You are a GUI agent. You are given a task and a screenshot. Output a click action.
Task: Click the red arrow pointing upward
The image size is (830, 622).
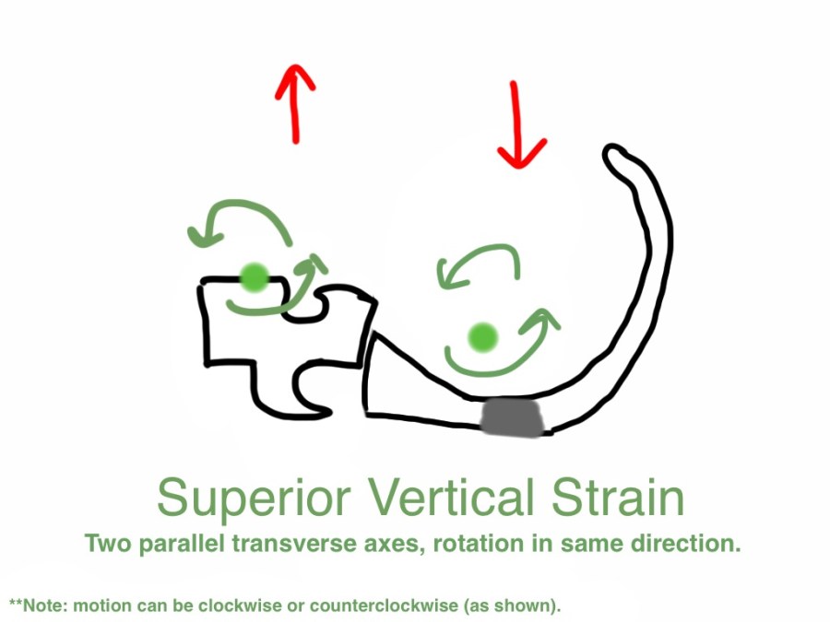(x=295, y=103)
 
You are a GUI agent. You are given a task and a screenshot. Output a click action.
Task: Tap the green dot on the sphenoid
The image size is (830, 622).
(x=255, y=276)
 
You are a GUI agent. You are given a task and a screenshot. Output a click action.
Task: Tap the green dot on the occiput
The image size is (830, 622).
(x=483, y=336)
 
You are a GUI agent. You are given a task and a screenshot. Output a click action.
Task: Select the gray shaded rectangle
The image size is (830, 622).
(x=513, y=417)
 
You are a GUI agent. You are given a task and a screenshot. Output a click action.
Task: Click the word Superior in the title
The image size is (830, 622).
(x=254, y=499)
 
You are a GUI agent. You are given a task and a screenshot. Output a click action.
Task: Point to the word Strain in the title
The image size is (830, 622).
(x=618, y=498)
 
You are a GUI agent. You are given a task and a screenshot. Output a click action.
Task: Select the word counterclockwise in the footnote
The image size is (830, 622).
(x=384, y=605)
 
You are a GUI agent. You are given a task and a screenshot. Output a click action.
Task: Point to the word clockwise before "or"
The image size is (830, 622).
(x=239, y=605)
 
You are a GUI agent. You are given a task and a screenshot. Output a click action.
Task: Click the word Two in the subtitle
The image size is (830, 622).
(x=109, y=544)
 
